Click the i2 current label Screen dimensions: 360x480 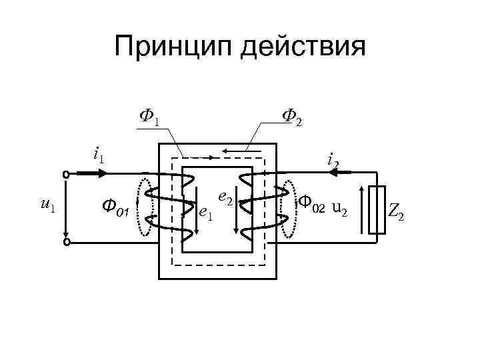(333, 159)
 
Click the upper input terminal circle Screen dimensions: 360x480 (66, 175)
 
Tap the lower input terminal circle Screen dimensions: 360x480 (66, 243)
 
